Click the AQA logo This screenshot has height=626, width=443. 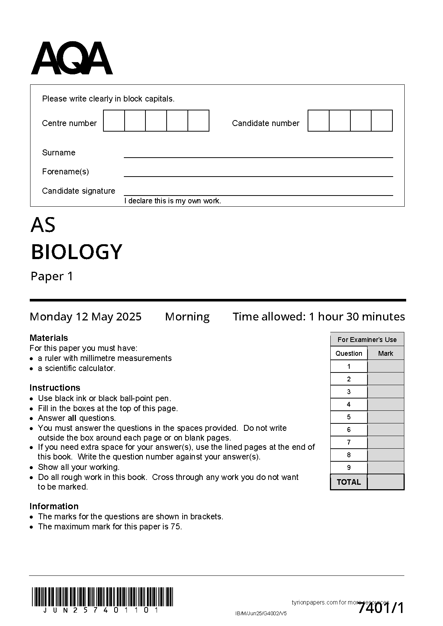[x=71, y=58]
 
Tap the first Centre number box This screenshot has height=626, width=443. [x=114, y=121]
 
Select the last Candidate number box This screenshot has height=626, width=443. [x=382, y=121]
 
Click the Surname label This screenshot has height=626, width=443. [x=58, y=153]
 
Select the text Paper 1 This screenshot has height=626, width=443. [x=52, y=277]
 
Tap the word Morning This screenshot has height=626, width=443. [x=187, y=317]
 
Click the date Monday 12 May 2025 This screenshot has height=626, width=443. [x=86, y=317]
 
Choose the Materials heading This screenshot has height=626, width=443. [x=49, y=338]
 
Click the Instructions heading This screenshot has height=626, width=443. [x=55, y=388]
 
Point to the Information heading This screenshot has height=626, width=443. [x=54, y=506]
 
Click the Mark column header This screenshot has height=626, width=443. [x=385, y=354]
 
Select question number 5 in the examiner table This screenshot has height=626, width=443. [x=349, y=417]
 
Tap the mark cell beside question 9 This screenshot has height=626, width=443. [x=385, y=468]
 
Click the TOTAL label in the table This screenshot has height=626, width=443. [x=349, y=482]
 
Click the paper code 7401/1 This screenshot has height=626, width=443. [x=381, y=609]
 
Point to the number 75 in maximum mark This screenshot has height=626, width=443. [x=176, y=527]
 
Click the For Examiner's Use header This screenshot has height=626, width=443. [x=367, y=340]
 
